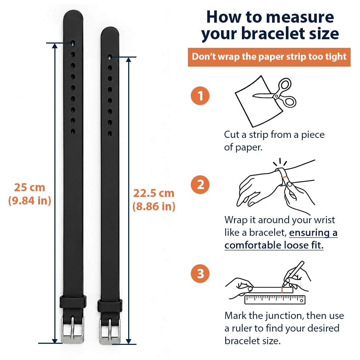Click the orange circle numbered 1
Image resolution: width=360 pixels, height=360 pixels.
pos(200,96)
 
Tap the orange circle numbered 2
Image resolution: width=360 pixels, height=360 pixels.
pos(200,185)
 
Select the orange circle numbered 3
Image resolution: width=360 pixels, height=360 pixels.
pos(200,274)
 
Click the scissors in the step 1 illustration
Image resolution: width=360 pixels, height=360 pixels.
pos(276,94)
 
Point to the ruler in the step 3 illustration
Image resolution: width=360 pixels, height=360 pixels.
pos(275,300)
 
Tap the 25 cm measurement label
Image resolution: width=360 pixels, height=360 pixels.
pos(30,187)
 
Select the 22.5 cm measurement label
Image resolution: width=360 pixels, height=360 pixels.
pos(154,193)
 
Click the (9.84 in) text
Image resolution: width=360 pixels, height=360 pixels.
pos(30,201)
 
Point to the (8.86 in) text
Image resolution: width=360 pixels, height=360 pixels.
pos(154,206)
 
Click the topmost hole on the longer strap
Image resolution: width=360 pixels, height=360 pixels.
pos(73,43)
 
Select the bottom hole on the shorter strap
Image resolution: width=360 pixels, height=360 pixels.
pos(110,134)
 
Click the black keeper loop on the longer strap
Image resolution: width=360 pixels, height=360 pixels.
pos(73,302)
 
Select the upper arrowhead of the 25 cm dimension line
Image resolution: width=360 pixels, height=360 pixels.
pos(55,46)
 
